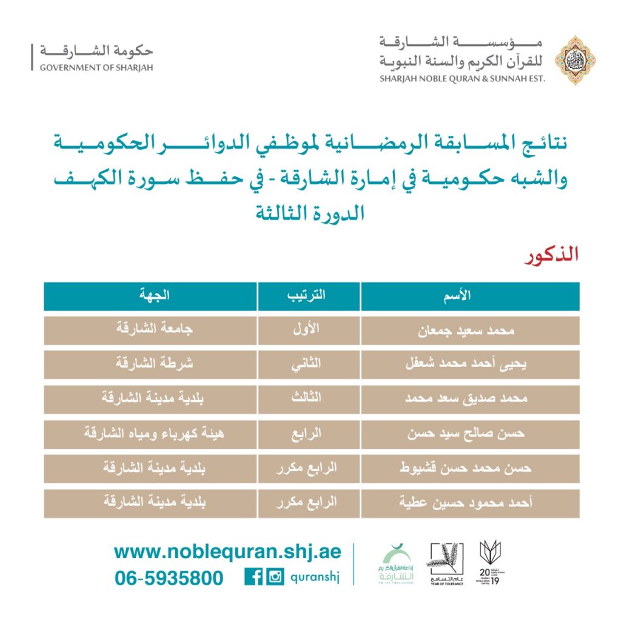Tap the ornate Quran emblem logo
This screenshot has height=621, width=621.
pos(576,59)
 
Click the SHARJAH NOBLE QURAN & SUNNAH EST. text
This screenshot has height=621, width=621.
pos(463,78)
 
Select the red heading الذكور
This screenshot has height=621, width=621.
pos(551,255)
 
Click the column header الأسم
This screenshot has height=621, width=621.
pos(470,296)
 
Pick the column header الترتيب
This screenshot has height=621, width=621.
pos(309,296)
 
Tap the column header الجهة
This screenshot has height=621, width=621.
pos(150,296)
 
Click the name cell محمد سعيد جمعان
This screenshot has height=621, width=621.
pos(470,331)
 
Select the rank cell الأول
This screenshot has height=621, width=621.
pos(309,331)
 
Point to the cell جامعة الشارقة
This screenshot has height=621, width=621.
pos(150,331)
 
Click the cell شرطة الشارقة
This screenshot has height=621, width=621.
pos(150,365)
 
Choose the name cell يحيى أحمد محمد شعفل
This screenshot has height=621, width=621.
pos(470,365)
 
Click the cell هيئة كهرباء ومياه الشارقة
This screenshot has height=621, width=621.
pos(150,434)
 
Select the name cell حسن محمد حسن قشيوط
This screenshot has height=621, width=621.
pos(470,468)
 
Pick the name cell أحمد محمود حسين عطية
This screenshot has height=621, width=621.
pos(470,503)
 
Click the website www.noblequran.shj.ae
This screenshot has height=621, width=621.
pos(227,552)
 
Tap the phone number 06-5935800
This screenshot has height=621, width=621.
pos(169,578)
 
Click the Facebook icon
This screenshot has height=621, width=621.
pos(253,577)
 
